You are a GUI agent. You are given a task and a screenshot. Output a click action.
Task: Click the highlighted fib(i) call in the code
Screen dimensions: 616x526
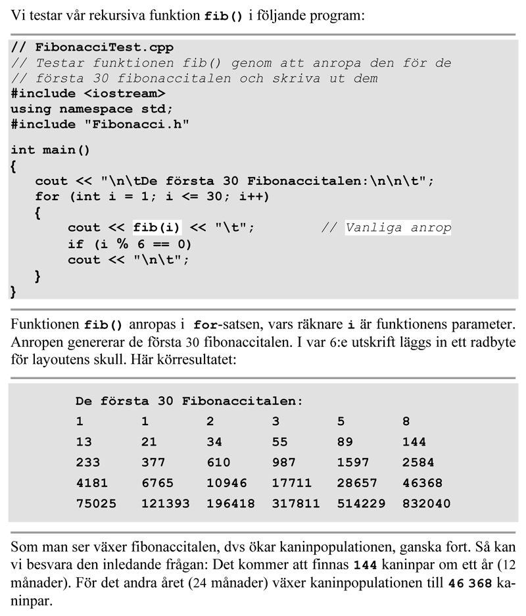click(157, 228)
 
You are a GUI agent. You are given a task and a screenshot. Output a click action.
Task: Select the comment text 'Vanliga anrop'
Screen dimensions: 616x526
click(398, 228)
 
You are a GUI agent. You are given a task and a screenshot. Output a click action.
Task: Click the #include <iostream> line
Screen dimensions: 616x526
click(87, 93)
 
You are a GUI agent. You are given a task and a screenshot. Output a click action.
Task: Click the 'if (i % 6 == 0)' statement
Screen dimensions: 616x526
click(130, 244)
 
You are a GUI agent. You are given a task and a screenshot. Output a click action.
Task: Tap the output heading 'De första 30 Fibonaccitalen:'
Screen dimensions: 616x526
click(189, 401)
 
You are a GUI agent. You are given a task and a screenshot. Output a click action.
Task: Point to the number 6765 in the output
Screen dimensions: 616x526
click(157, 482)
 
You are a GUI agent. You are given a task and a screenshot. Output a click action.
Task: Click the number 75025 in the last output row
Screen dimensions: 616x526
click(96, 503)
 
